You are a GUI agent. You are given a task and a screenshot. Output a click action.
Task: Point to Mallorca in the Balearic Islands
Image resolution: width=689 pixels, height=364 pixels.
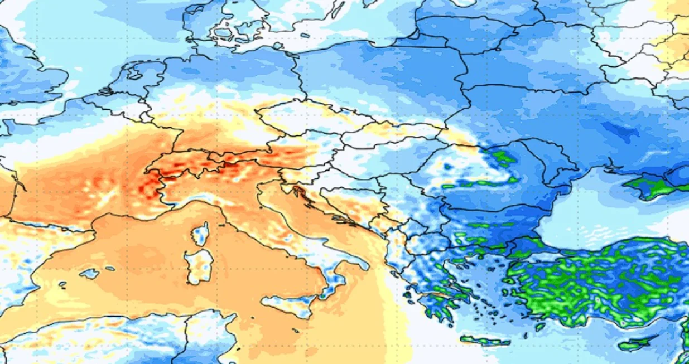pyautogui.click(x=89, y=274)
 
